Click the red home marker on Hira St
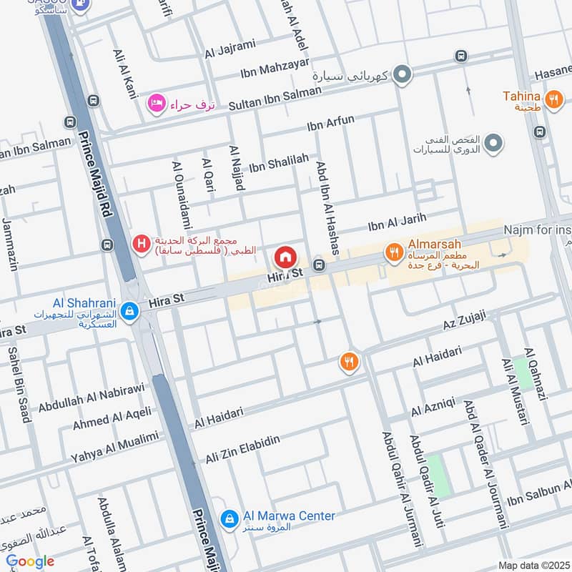point(285,257)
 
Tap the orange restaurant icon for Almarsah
point(393,252)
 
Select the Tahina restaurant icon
point(553,100)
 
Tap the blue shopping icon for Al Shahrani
point(129,311)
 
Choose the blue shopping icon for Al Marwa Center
point(229,519)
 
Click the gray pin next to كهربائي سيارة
point(403,74)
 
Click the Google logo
point(29,561)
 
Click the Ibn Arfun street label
point(330,122)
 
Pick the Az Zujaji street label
point(463,318)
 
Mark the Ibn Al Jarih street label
point(397,222)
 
